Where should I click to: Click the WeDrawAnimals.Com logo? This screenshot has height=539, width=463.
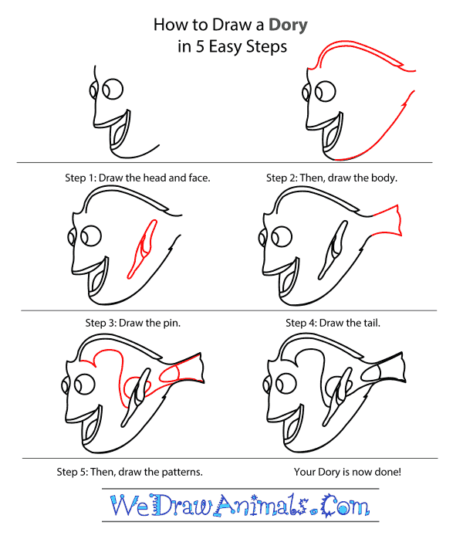(231, 507)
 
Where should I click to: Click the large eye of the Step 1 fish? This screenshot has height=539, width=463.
(114, 89)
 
